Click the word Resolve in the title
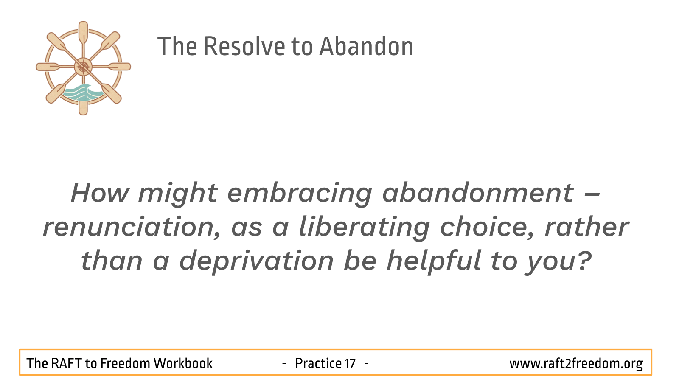pyautogui.click(x=244, y=46)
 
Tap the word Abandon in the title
pyautogui.click(x=366, y=46)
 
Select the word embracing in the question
pyautogui.click(x=300, y=194)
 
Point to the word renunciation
pyautogui.click(x=132, y=227)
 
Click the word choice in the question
pyautogui.click(x=487, y=227)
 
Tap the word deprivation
pyautogui.click(x=256, y=262)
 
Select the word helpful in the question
pyautogui.click(x=434, y=262)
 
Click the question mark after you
pyautogui.click(x=584, y=261)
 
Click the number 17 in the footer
pyautogui.click(x=350, y=363)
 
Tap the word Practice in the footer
pyautogui.click(x=318, y=363)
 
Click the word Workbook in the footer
pyautogui.click(x=183, y=363)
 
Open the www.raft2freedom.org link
pyautogui.click(x=576, y=364)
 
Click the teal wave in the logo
pyautogui.click(x=82, y=93)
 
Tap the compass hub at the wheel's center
pyautogui.click(x=83, y=67)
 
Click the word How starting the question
pyautogui.click(x=100, y=193)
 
